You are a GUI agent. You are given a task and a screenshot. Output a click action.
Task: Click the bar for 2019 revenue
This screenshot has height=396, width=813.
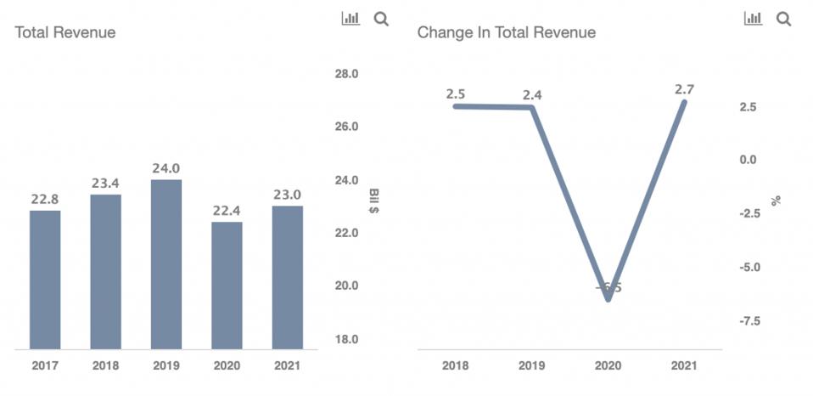click(x=166, y=263)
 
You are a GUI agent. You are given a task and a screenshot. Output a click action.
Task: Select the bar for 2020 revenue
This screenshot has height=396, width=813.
click(x=227, y=285)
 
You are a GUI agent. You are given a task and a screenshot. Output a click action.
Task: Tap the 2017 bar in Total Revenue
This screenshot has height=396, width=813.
click(x=45, y=279)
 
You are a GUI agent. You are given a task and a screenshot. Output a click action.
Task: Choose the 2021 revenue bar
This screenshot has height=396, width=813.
click(x=287, y=277)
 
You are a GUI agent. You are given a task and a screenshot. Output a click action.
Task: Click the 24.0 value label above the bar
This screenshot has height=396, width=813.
click(x=166, y=167)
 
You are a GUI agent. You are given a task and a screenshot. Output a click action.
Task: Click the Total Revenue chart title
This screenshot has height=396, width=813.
click(x=65, y=32)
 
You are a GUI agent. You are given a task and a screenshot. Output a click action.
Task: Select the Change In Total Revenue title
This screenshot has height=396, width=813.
click(x=506, y=32)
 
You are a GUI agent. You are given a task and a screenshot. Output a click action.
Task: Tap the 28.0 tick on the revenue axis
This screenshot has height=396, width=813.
click(x=346, y=74)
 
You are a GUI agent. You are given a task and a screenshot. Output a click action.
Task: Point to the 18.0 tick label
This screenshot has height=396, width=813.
click(x=346, y=339)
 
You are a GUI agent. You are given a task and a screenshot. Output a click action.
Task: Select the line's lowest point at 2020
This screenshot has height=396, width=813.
click(x=608, y=299)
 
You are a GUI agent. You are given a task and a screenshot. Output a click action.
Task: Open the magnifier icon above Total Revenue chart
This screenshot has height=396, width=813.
click(x=381, y=19)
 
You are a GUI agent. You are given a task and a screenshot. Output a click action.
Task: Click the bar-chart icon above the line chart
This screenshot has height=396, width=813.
click(x=753, y=19)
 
